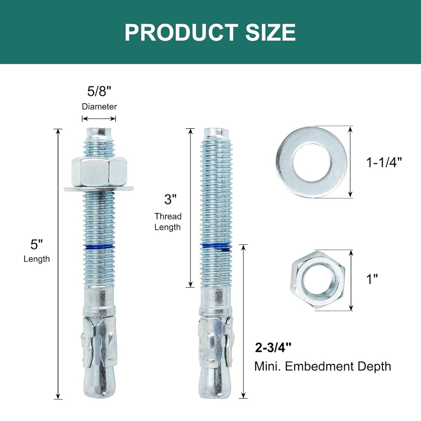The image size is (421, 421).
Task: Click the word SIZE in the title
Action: pyautogui.click(x=270, y=32)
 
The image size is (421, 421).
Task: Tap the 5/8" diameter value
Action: pyautogui.click(x=99, y=91)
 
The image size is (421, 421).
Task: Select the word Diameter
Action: pyautogui.click(x=99, y=106)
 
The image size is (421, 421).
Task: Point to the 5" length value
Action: pyautogui.click(x=37, y=244)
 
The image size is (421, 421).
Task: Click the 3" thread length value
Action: pyautogui.click(x=170, y=199)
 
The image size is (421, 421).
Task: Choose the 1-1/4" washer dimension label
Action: pyautogui.click(x=384, y=162)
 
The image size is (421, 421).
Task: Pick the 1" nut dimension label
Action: pyautogui.click(x=372, y=279)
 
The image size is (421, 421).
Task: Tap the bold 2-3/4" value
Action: pyautogui.click(x=273, y=348)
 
